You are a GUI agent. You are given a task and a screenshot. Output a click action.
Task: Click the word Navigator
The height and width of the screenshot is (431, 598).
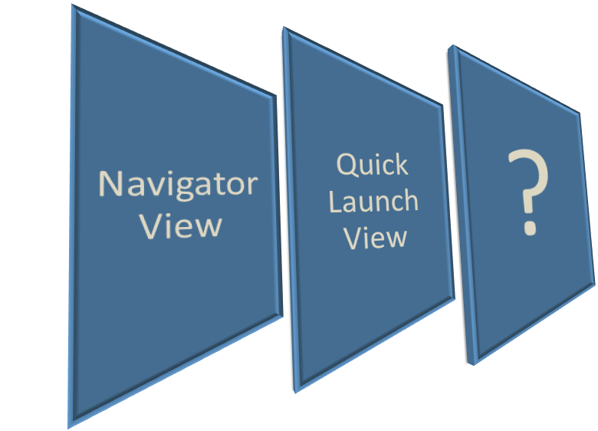pos(178,186)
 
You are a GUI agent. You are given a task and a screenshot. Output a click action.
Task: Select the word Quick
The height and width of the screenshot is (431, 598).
pos(373,166)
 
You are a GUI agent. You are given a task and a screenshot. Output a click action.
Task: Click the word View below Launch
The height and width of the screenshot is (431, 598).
pos(374,237)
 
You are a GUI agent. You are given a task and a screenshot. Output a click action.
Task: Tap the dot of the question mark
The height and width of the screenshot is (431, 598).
pos(529,227)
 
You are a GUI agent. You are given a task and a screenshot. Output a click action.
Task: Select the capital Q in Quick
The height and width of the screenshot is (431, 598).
pos(347,165)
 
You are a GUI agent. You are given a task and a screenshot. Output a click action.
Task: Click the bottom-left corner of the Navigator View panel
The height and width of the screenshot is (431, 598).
pos(70,426)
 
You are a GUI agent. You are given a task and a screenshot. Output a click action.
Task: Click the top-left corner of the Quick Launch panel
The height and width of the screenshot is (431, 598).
pos(285,29)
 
